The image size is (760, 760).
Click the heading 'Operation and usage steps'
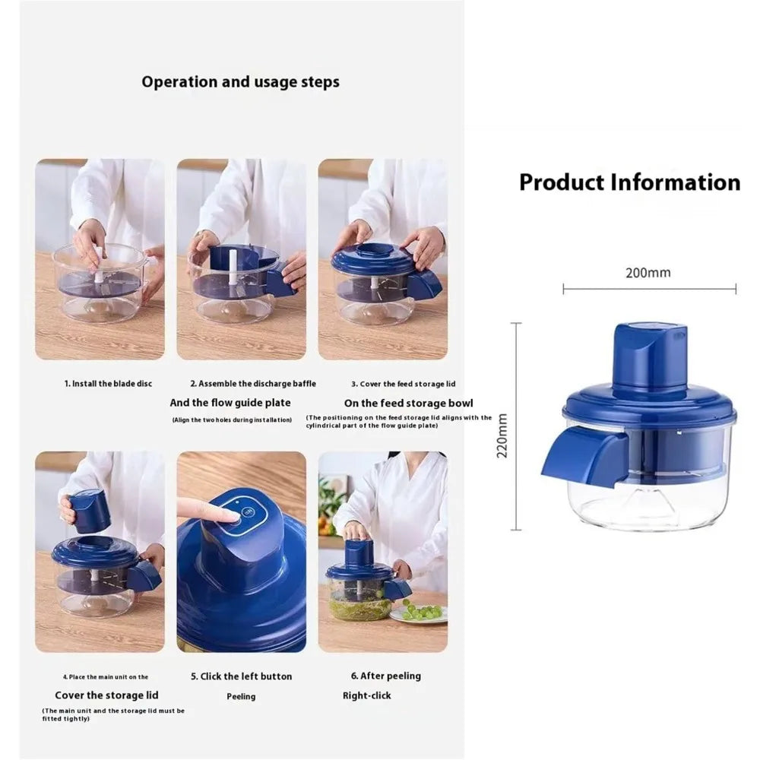point(240,81)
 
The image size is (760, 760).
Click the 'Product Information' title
point(629,182)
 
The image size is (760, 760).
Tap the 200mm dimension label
point(648,272)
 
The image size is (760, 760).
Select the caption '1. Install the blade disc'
point(108,384)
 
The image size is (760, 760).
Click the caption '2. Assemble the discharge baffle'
point(252,384)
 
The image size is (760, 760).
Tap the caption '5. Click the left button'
point(241,676)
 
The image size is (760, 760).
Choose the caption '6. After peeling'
point(385,676)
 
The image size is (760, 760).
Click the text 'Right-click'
point(367,695)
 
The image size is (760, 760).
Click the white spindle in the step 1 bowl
point(100,263)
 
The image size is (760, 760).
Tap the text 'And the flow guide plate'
point(230,403)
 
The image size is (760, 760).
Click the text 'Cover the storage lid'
point(106,695)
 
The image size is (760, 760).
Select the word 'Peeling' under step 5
point(241,696)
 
